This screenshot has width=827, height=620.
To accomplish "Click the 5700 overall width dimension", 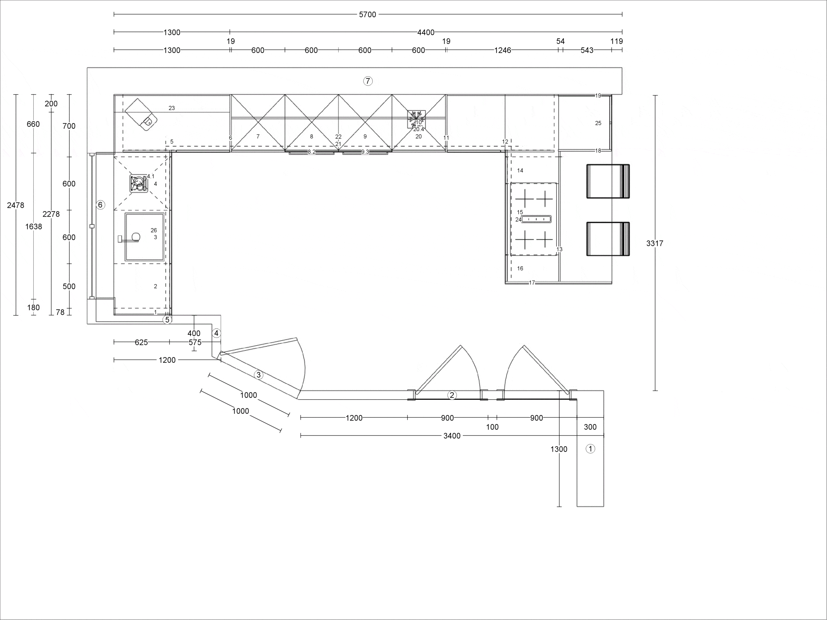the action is pos(368,15).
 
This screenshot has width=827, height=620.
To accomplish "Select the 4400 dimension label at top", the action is pos(426,33).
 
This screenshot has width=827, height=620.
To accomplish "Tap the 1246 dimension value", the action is pos(502,50).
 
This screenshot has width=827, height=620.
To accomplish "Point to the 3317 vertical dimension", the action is pos(654,243).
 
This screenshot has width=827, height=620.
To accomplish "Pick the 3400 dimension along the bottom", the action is pos(452,436).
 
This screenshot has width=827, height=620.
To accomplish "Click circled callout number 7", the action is pos(368,81).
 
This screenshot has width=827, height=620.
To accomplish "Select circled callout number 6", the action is pos(100,205).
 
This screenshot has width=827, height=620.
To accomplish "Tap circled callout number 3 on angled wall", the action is pos(258,375).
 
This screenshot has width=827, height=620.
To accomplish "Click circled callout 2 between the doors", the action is pos(452,395).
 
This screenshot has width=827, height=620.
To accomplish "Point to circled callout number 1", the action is pos(590,449).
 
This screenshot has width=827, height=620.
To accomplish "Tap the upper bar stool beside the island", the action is pos(608,181).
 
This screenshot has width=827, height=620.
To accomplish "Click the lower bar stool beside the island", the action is pos(608,239).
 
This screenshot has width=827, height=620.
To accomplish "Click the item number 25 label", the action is pos(598,123).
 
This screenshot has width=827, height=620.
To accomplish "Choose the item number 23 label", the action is pos(172,108).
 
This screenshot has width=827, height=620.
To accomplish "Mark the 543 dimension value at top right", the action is pos(587,50).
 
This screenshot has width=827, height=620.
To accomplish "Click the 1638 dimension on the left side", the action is pos(34,226).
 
